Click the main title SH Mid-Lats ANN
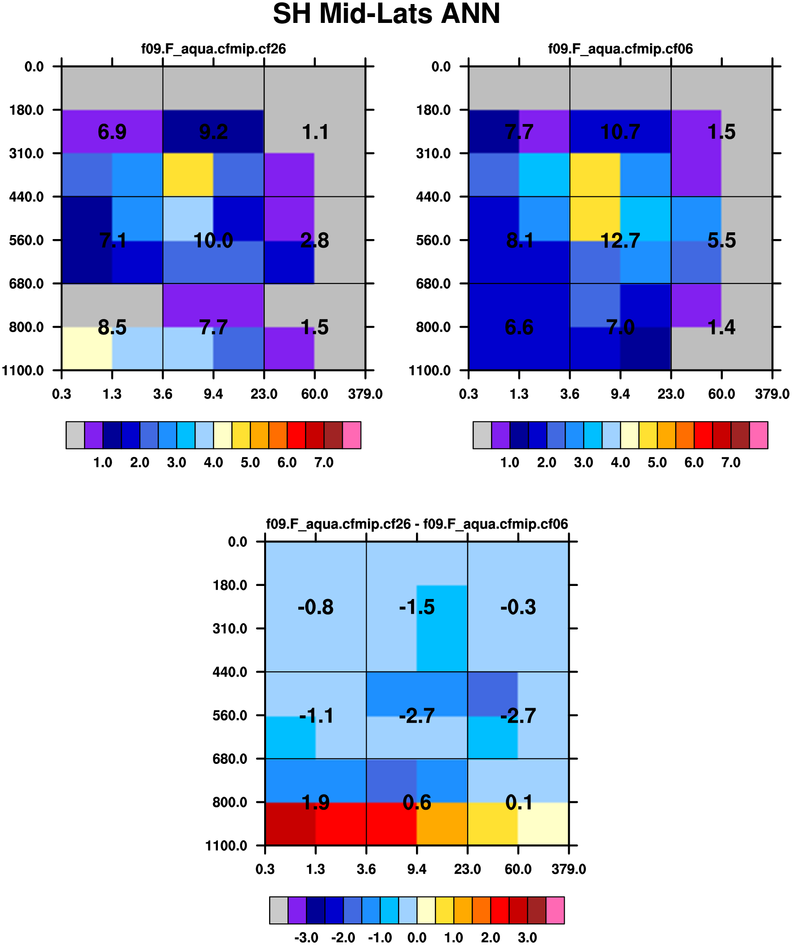(x=386, y=14)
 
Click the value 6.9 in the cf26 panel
(x=112, y=132)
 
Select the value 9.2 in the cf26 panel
(x=213, y=132)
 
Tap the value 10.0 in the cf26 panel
(x=213, y=240)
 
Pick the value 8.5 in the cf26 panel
(x=112, y=327)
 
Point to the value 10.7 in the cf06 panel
(x=620, y=132)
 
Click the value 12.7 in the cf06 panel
(x=620, y=240)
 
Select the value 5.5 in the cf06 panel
(x=721, y=240)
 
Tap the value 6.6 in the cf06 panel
(x=519, y=327)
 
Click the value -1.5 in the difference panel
(x=417, y=607)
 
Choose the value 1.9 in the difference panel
(x=315, y=803)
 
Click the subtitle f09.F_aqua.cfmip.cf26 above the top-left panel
(x=213, y=49)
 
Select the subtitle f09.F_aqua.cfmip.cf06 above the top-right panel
(x=620, y=49)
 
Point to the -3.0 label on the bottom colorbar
(x=306, y=937)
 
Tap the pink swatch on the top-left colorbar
(x=351, y=435)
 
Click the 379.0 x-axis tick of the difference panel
(x=568, y=869)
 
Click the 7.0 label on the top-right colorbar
(x=731, y=462)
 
